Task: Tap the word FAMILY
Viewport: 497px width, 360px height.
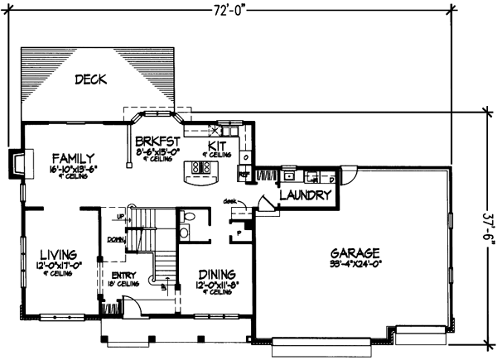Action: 73,157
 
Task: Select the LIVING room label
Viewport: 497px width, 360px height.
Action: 55,254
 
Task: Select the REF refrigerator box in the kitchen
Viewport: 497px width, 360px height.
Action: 244,175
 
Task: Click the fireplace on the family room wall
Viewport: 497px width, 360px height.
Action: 16,163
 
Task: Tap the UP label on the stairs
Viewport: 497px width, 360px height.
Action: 120,215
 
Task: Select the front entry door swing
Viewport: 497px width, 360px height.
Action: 131,309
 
